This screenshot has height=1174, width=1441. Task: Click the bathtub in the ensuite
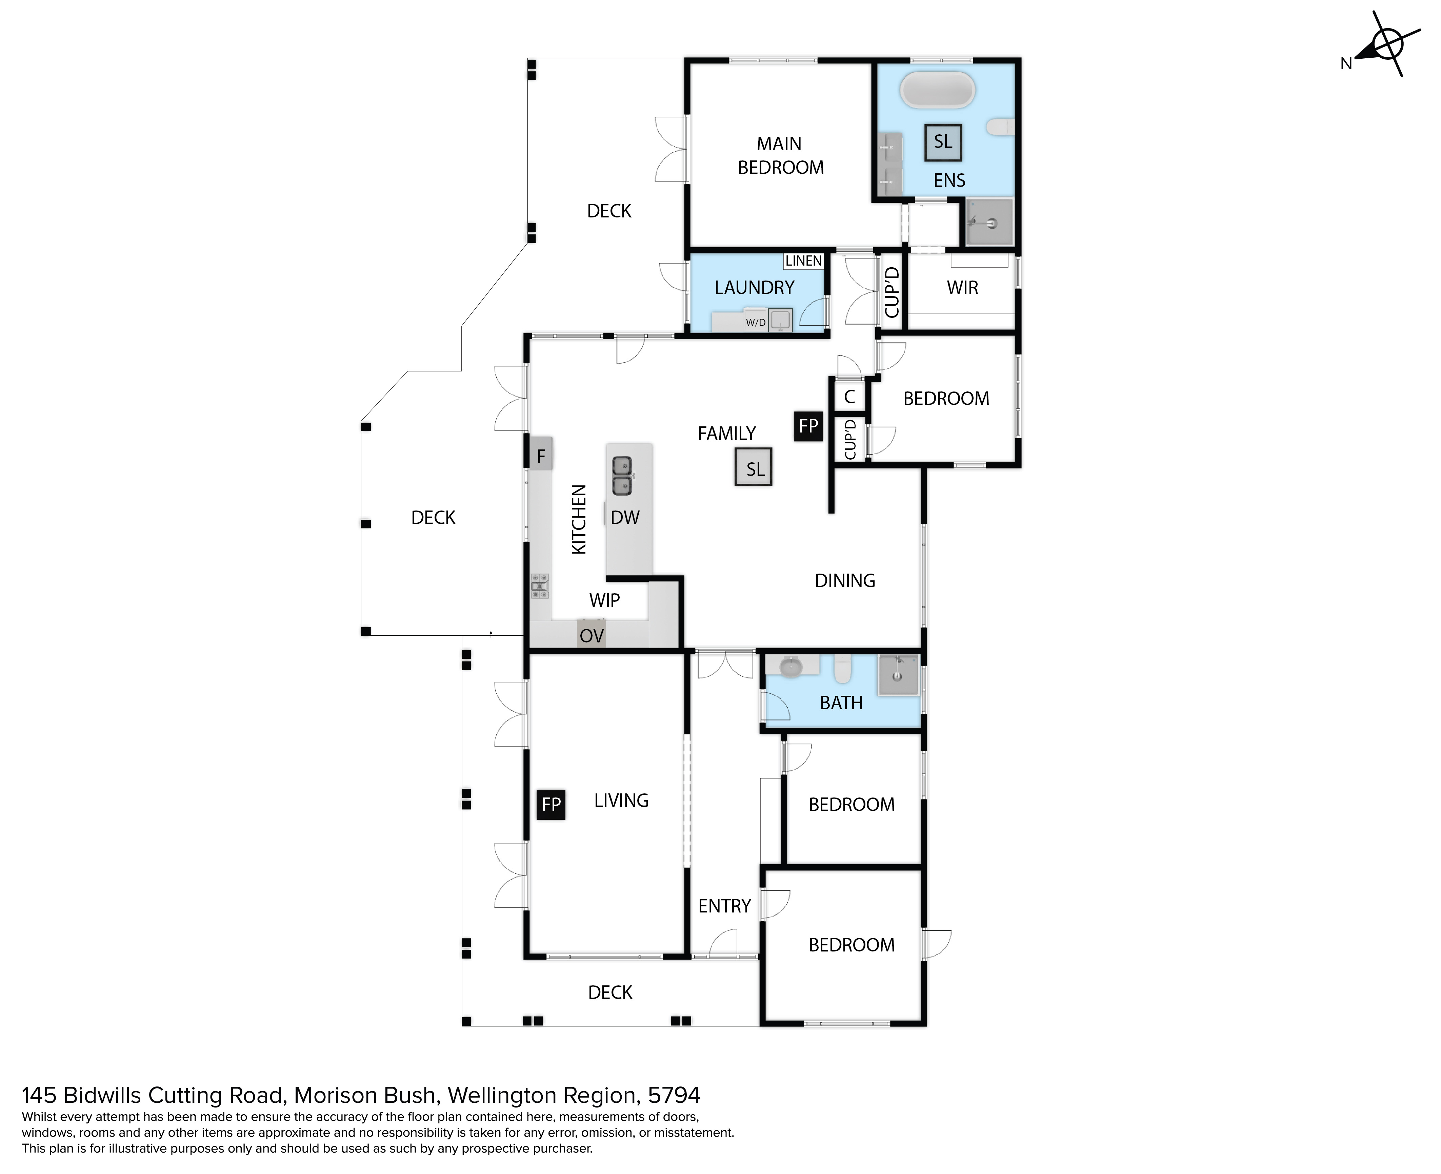click(938, 90)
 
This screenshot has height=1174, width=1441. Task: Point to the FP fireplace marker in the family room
click(808, 426)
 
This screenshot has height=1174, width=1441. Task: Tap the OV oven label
click(592, 636)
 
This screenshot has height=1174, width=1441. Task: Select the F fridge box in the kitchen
click(541, 455)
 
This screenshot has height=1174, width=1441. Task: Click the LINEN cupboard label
click(804, 261)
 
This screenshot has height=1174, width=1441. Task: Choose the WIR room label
click(962, 288)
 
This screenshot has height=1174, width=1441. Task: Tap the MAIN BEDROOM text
click(781, 156)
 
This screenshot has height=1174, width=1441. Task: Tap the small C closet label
click(849, 397)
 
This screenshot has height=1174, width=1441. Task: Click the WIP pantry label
click(604, 600)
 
